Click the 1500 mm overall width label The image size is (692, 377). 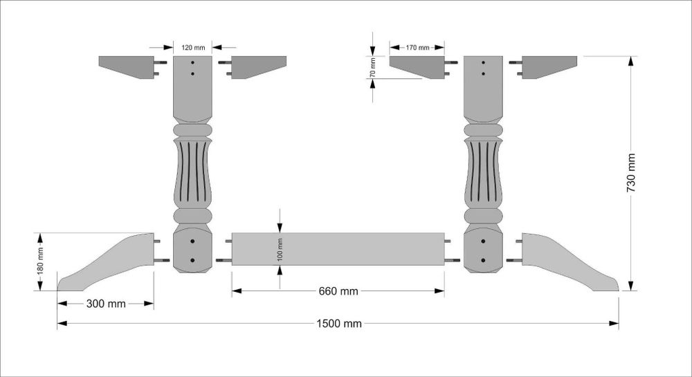339,324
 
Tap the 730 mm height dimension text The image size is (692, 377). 631,173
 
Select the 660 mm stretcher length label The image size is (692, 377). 338,291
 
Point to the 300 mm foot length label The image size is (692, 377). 106,304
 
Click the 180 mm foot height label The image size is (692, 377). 40,261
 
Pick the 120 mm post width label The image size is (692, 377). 193,48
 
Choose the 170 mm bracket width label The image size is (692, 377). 417,48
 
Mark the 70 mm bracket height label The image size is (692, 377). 373,68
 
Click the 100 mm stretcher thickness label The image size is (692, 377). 280,250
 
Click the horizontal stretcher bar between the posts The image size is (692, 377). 338,249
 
